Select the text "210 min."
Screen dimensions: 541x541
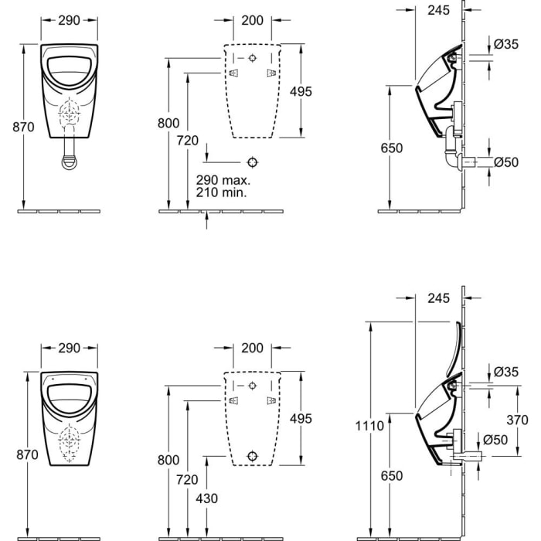(222, 192)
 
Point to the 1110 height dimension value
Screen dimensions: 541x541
(371, 426)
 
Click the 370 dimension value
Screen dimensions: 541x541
(519, 420)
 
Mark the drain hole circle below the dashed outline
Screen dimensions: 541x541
(252, 162)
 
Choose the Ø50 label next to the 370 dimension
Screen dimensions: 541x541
(495, 440)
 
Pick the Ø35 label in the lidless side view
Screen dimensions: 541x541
(505, 44)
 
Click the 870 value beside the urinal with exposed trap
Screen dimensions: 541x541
(24, 127)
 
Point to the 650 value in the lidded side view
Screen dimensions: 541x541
(392, 476)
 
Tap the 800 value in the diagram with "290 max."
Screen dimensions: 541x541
(168, 123)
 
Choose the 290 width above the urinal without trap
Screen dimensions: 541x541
(70, 348)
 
